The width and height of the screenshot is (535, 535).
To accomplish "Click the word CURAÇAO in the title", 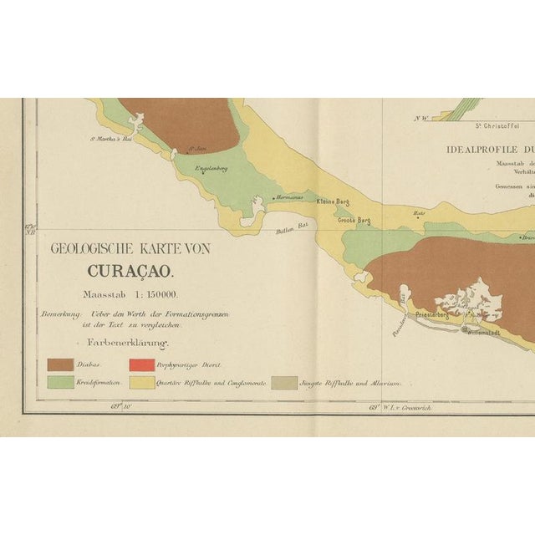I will (x=130, y=272).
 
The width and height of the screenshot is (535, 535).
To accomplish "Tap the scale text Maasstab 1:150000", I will (x=130, y=294).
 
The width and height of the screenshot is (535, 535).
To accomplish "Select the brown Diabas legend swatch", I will (x=59, y=364).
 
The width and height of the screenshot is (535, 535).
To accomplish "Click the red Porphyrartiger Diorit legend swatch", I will (x=141, y=364).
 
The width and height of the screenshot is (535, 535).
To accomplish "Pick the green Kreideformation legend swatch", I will (x=59, y=382).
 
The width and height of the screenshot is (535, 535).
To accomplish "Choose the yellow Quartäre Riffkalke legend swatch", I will (x=141, y=382).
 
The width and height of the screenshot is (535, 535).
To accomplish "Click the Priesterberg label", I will (x=427, y=316).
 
